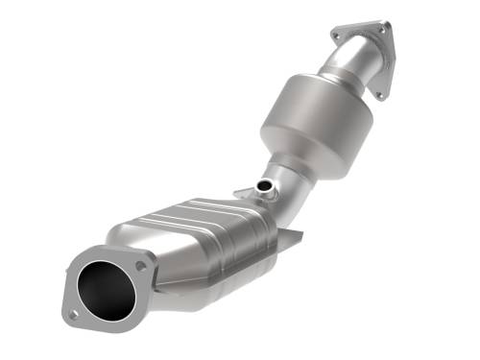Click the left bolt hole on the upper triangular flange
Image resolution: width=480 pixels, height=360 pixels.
click(x=336, y=36)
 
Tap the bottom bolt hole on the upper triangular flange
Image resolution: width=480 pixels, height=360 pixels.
click(x=380, y=94)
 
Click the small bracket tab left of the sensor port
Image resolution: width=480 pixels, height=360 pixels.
click(x=252, y=192)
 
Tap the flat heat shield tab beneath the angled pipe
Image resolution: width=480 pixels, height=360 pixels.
click(x=291, y=237)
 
